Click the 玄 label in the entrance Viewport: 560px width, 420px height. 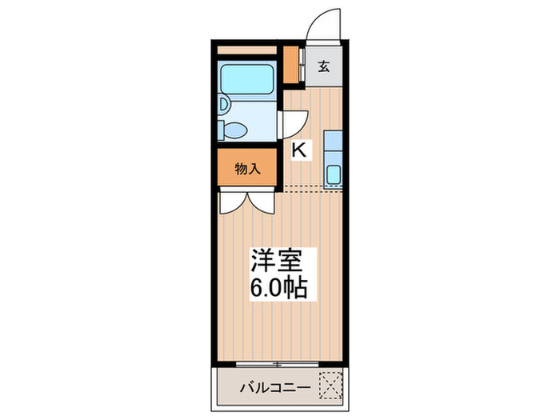pyautogui.click(x=324, y=67)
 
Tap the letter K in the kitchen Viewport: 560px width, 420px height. pyautogui.click(x=299, y=149)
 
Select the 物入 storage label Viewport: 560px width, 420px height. pyautogui.click(x=247, y=168)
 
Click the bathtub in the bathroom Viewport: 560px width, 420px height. pyautogui.click(x=247, y=80)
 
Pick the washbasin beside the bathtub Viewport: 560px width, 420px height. pyautogui.click(x=224, y=104)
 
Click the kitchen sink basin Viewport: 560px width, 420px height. pyautogui.click(x=334, y=174)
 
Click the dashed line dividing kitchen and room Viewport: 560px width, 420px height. pyautogui.click(x=312, y=189)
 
